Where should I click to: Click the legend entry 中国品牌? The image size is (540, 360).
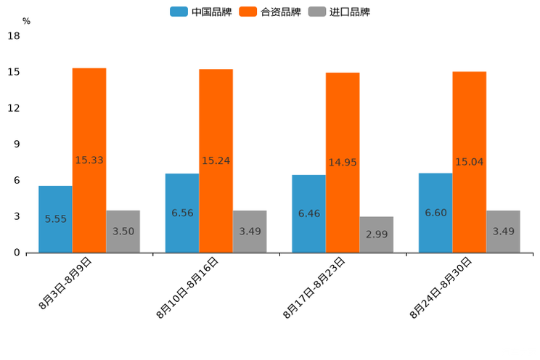pyautogui.click(x=201, y=12)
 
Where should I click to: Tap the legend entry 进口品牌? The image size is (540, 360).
pyautogui.click(x=339, y=12)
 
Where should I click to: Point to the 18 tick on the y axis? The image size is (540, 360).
pyautogui.click(x=14, y=36)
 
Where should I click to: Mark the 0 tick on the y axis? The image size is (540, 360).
pyautogui.click(x=17, y=253)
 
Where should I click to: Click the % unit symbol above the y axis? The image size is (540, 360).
pyautogui.click(x=26, y=21)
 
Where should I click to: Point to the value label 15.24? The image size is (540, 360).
pyautogui.click(x=216, y=160)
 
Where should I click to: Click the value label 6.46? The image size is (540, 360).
pyautogui.click(x=308, y=213)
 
